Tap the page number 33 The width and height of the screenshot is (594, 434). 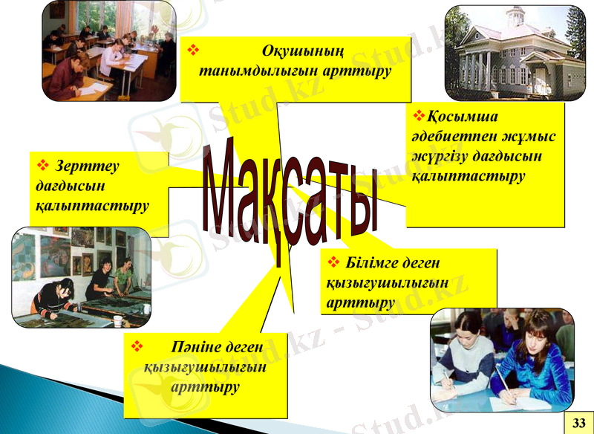pos(578,422)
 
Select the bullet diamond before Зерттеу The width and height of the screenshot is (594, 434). pos(42,164)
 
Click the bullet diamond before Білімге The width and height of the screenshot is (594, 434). pos(333,262)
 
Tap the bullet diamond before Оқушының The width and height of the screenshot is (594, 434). pos(195,51)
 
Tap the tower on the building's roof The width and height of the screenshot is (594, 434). pos(512,14)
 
